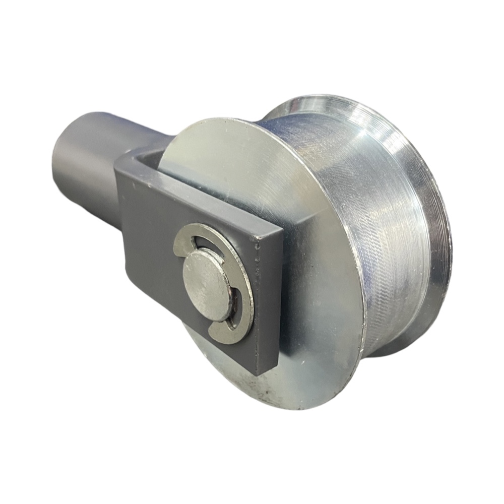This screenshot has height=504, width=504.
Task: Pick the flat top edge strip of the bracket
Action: (x=202, y=197)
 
